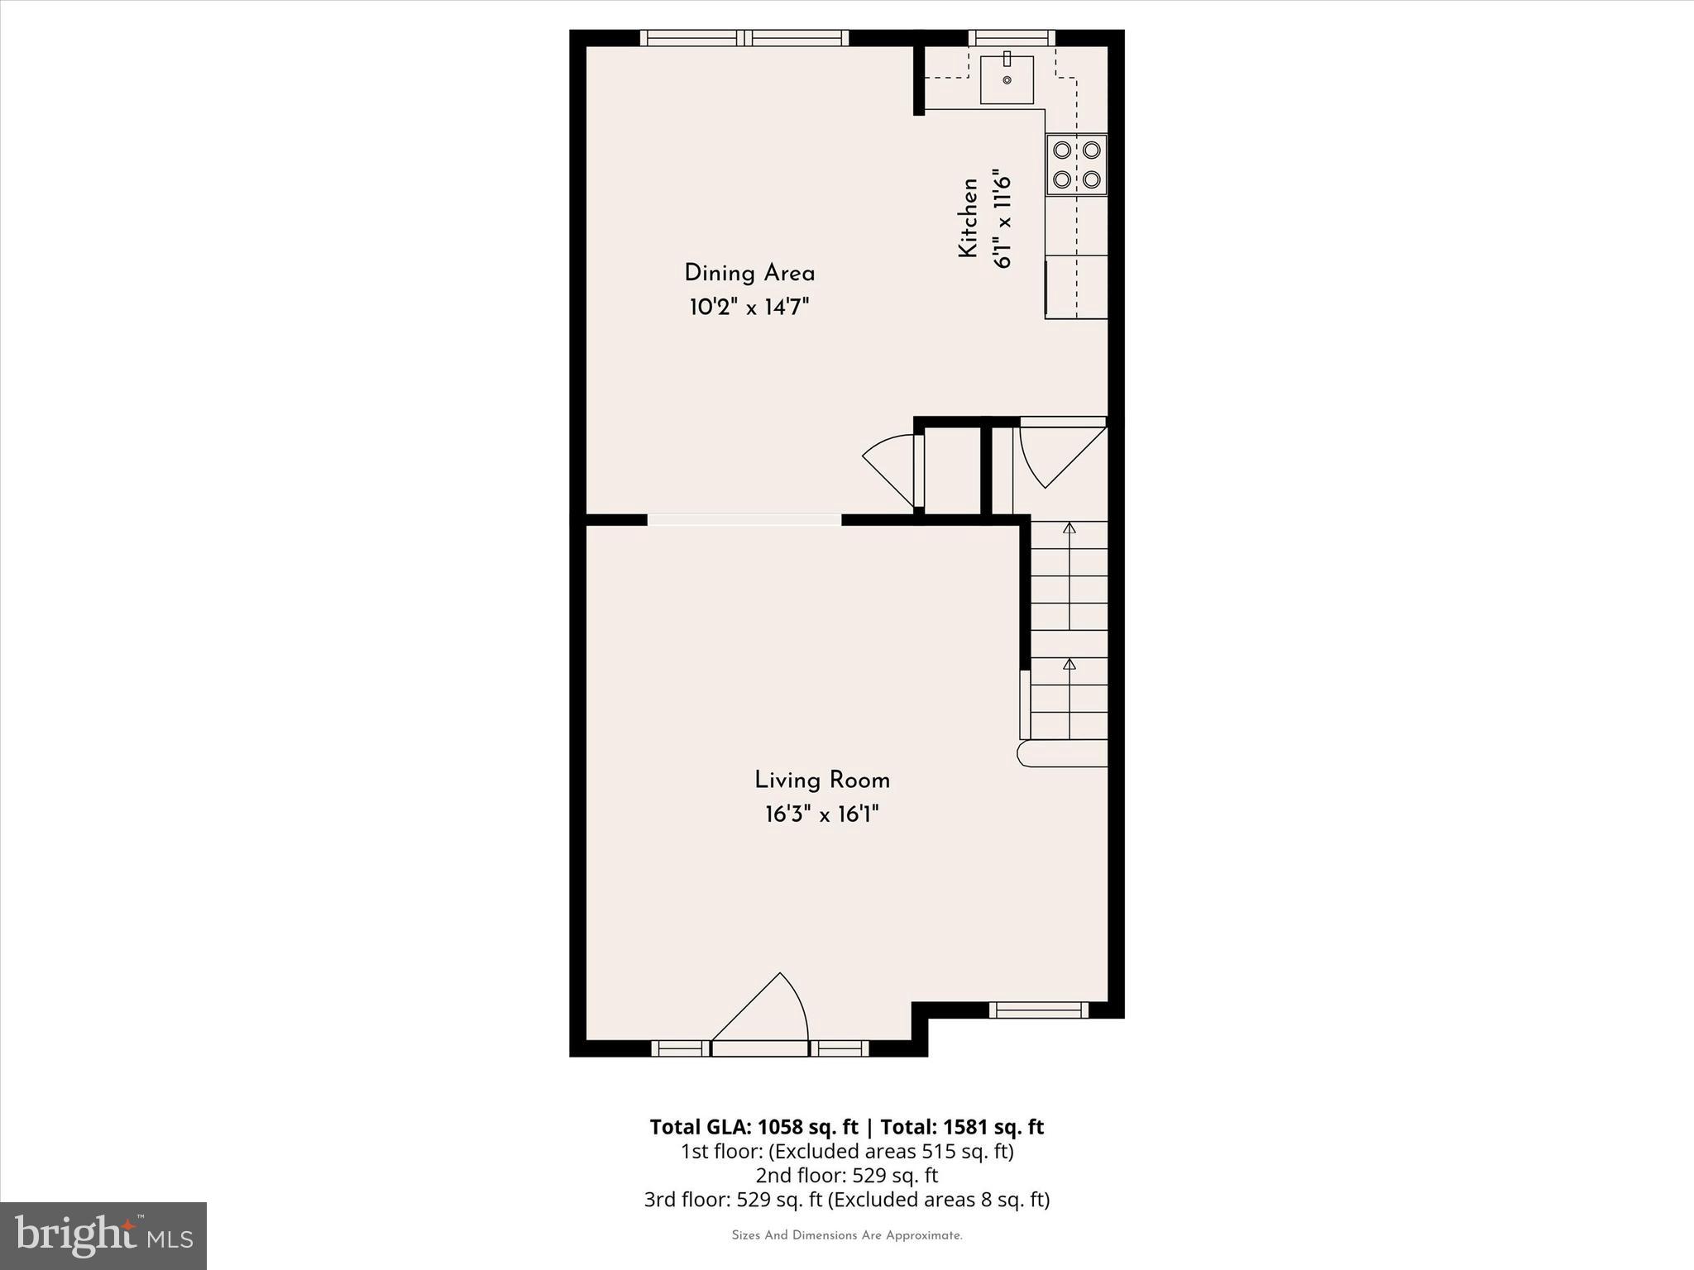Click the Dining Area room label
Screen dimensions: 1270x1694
pos(749,274)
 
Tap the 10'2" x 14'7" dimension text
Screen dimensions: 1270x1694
pos(749,308)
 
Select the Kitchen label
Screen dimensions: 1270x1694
pos(969,218)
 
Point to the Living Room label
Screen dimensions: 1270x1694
pos(822,781)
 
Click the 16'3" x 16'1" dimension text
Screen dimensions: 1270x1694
pos(822,815)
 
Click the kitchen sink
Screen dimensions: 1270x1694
pos(1007,79)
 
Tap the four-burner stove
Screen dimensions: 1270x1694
pos(1076,165)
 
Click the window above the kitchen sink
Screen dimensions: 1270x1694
pos(1011,37)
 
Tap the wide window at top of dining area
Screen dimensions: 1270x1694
pos(744,37)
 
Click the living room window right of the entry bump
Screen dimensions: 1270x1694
pos(1039,1010)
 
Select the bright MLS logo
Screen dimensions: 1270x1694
pos(103,1235)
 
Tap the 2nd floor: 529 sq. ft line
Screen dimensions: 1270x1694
pos(847,1175)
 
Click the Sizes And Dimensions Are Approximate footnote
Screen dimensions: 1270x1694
pos(847,1235)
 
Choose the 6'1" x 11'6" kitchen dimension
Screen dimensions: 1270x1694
pos(1003,218)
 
